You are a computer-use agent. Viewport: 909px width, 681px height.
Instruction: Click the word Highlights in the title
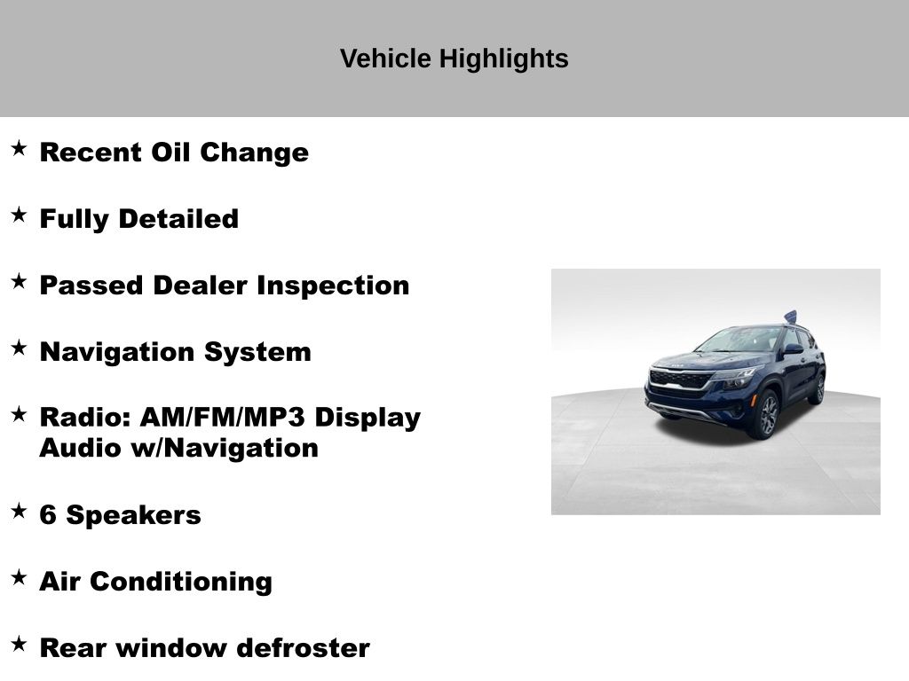click(504, 59)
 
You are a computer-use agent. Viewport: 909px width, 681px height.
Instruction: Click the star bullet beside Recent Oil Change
click(20, 148)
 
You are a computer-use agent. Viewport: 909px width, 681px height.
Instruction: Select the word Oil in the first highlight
click(170, 153)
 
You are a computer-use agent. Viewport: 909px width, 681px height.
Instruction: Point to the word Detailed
click(178, 219)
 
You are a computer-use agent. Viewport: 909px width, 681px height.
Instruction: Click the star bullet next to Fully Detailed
click(20, 215)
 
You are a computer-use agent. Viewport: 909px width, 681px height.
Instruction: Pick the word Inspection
click(334, 286)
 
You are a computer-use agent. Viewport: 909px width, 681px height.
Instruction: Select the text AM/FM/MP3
click(223, 418)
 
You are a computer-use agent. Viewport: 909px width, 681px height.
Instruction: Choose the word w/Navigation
click(225, 448)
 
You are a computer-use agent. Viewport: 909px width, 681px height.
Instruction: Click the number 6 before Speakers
click(48, 515)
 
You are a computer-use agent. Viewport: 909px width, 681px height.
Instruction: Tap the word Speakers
click(133, 516)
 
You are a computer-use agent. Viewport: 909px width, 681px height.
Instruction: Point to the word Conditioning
click(181, 582)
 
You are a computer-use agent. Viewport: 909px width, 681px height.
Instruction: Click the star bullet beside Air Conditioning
click(20, 577)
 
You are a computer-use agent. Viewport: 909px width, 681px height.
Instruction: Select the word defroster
click(304, 648)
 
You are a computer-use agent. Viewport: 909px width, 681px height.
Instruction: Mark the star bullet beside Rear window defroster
click(20, 644)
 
